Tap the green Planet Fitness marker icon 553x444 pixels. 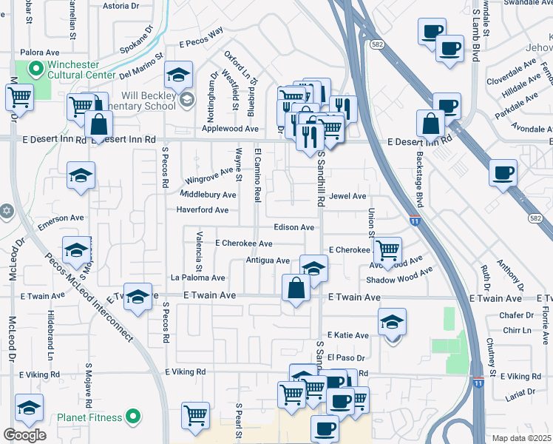point(133,417)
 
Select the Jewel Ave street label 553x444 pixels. point(348,196)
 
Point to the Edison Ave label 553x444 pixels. point(294,227)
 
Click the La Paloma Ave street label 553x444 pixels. point(197,277)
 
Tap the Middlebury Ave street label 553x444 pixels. point(208,195)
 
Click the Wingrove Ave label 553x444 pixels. point(208,177)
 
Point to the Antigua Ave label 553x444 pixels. point(268,260)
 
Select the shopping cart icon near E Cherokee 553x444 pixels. point(387,249)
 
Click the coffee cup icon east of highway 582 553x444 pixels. point(503,172)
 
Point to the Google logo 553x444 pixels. point(24,435)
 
